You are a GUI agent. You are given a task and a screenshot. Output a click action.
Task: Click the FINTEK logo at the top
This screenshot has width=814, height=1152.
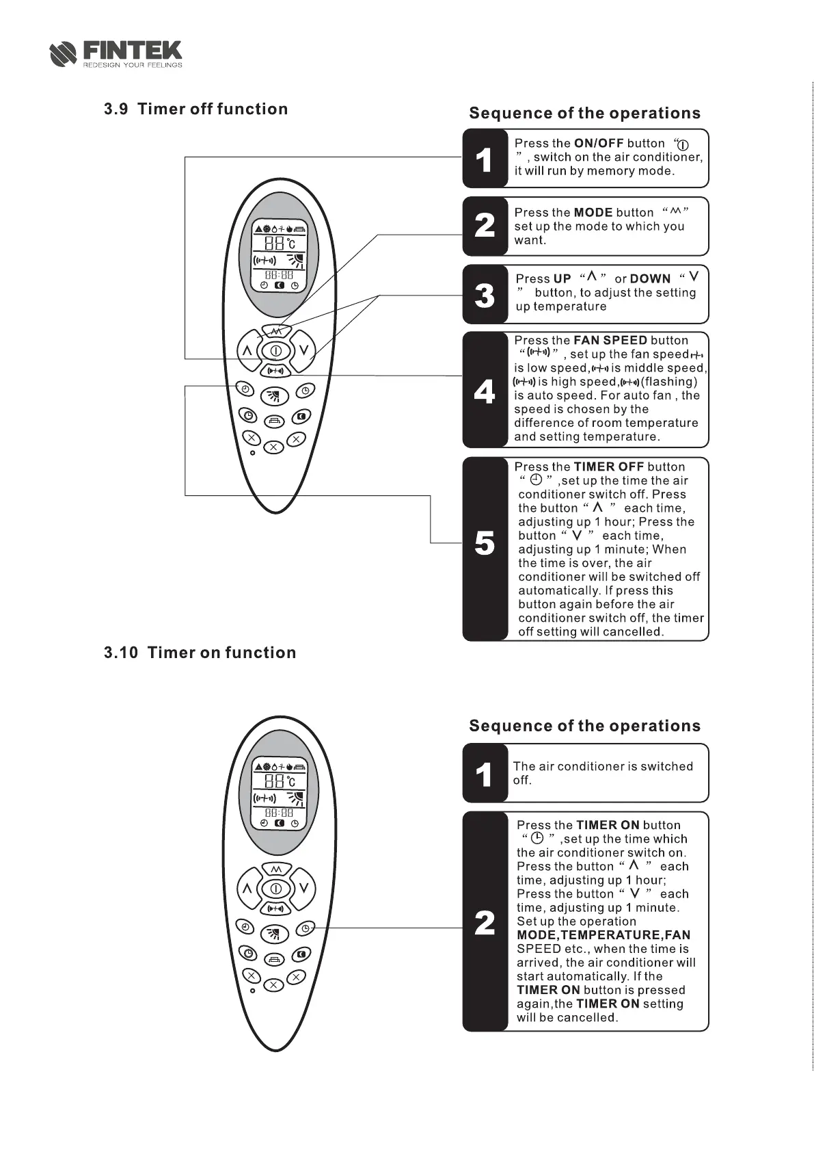pyautogui.click(x=116, y=53)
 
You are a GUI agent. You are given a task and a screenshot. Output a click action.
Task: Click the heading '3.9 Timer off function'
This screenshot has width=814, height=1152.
pyautogui.click(x=195, y=109)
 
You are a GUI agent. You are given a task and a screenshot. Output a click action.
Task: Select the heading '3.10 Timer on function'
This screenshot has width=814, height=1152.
pyautogui.click(x=200, y=653)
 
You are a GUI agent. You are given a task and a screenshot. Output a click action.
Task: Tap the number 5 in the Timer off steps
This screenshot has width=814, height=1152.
pyautogui.click(x=485, y=544)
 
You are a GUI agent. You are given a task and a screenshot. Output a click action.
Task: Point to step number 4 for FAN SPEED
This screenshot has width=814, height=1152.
pyautogui.click(x=485, y=391)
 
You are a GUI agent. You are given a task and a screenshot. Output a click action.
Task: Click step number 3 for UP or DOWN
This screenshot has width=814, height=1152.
pyautogui.click(x=485, y=295)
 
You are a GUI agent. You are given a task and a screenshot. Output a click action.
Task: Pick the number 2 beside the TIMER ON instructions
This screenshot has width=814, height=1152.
pyautogui.click(x=485, y=923)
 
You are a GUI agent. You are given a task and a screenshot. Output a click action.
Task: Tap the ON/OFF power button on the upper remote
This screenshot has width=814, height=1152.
pyautogui.click(x=275, y=351)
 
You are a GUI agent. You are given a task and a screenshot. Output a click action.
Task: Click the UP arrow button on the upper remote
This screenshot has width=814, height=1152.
pyautogui.click(x=247, y=351)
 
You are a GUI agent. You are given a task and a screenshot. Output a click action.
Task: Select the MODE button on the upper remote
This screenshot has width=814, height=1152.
pyautogui.click(x=275, y=331)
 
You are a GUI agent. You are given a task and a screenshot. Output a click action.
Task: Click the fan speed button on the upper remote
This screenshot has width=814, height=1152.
pyautogui.click(x=275, y=371)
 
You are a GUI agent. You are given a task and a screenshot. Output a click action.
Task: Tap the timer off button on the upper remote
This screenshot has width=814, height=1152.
pyautogui.click(x=244, y=389)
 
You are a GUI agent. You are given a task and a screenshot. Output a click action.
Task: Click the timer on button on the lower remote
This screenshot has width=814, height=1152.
pyautogui.click(x=306, y=928)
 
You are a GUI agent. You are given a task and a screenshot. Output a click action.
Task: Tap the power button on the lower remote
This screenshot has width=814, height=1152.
pyautogui.click(x=275, y=889)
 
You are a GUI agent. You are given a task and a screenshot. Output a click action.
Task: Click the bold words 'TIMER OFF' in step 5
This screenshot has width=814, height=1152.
pyautogui.click(x=608, y=467)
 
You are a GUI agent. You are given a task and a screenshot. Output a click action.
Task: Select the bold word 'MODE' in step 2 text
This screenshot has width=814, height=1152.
pyautogui.click(x=593, y=213)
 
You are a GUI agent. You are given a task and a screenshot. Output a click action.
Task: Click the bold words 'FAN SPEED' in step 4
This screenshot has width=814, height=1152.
pyautogui.click(x=610, y=341)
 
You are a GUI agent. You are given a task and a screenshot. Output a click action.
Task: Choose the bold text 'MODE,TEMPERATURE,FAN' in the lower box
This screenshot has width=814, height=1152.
pyautogui.click(x=603, y=935)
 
